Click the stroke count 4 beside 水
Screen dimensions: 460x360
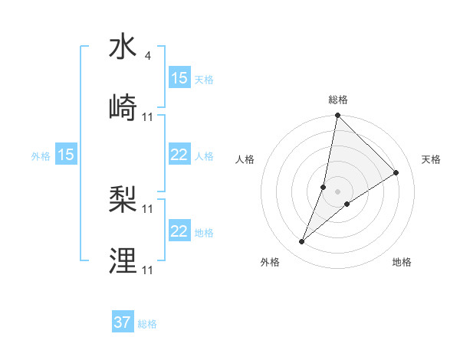(147, 55)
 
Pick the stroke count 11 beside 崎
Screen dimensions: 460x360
(148, 116)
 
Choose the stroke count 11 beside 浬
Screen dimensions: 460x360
(148, 270)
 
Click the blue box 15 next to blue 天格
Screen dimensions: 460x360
(179, 78)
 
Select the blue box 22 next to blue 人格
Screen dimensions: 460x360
(179, 155)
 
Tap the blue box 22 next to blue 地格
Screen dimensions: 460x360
(179, 231)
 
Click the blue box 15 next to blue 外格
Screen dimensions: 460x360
(66, 155)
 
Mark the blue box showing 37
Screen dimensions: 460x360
(123, 322)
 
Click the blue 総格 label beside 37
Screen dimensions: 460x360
(147, 324)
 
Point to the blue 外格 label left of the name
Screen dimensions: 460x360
(41, 155)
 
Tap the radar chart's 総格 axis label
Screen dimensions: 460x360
(338, 100)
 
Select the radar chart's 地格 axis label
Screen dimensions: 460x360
(402, 262)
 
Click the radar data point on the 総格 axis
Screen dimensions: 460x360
(337, 116)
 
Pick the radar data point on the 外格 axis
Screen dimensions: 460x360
(302, 242)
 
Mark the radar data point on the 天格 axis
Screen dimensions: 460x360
(396, 173)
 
